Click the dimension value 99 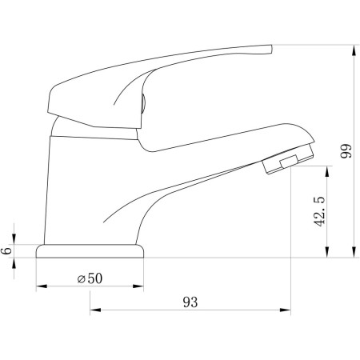tap(346, 151)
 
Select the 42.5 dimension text tap(319, 212)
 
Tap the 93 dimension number tap(190, 302)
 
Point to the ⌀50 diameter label tap(90, 278)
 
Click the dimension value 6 tap(7, 250)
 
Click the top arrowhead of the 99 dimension tap(354, 50)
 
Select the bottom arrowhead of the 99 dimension tap(354, 252)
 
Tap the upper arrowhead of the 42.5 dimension tap(327, 171)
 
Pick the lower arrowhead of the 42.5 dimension tap(327, 252)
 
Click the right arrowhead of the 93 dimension tap(285, 310)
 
